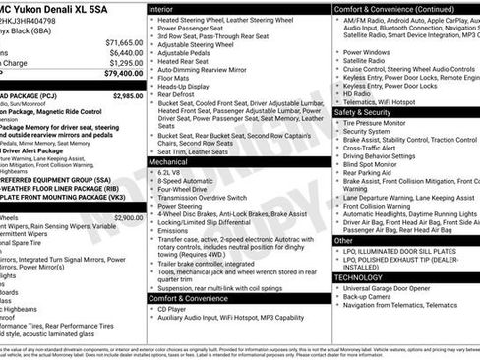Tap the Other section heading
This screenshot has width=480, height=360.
point(344,240)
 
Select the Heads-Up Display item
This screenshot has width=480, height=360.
point(190,86)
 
